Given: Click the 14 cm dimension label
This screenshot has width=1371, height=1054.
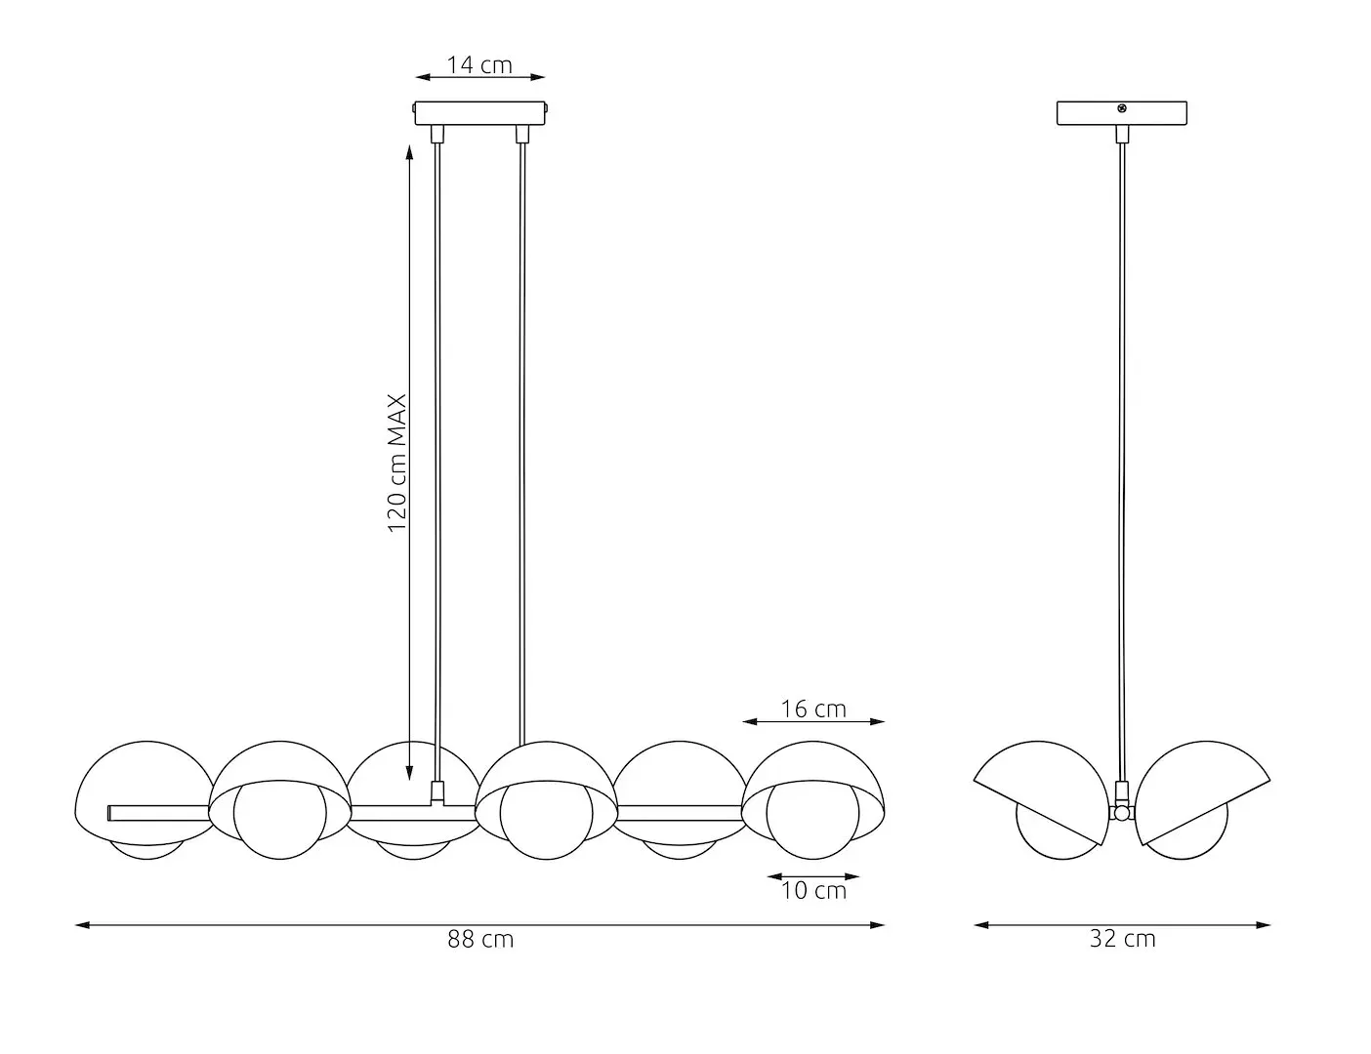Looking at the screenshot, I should point(479,64).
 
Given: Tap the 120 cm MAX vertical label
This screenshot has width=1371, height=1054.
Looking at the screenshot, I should point(396,464).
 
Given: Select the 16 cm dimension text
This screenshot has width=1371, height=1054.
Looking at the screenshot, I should point(813,709).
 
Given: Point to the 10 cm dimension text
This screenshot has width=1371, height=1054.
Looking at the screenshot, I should point(813,890).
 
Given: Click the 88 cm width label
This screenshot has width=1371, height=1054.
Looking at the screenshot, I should point(480,939).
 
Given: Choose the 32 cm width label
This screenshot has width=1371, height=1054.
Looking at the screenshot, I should point(1122,939).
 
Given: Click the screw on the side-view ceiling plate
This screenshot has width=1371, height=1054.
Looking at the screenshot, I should point(1122,108).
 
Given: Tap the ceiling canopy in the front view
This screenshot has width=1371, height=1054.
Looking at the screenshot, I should point(480,113).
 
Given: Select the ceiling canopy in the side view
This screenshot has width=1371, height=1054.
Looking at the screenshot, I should point(1122,114).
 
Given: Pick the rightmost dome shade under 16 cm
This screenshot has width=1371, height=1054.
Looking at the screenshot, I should point(813,771).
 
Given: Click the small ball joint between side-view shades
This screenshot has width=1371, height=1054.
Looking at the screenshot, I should point(1122,813).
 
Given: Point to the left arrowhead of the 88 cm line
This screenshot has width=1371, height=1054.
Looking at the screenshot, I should point(81,924).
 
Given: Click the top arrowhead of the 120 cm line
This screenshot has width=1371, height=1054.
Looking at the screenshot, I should point(409,149).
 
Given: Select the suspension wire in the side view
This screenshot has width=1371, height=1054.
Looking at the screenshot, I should point(1122,439).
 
